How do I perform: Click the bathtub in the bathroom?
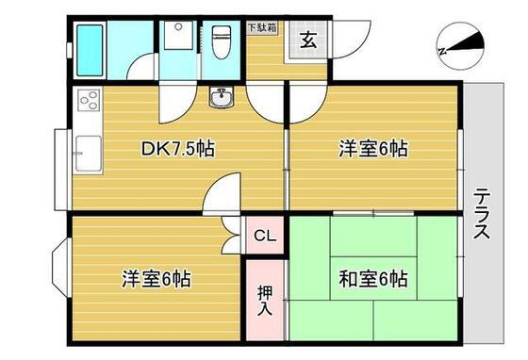click(90, 51)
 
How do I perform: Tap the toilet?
click(222, 42)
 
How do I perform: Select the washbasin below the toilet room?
click(221, 97)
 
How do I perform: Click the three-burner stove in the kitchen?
click(90, 100)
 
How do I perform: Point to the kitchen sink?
click(89, 154)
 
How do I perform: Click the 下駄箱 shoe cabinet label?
click(262, 27)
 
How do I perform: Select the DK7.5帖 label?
click(177, 148)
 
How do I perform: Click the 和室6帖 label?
click(373, 279)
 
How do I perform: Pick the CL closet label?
click(265, 236)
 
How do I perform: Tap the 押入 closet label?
click(265, 301)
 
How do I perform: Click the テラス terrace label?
click(482, 214)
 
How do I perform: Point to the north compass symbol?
click(460, 46)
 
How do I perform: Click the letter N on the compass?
click(443, 51)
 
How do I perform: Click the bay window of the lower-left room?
click(61, 268)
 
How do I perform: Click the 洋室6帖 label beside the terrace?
click(373, 148)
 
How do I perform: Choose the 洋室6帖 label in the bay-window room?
click(157, 279)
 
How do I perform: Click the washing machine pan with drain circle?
click(178, 35)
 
